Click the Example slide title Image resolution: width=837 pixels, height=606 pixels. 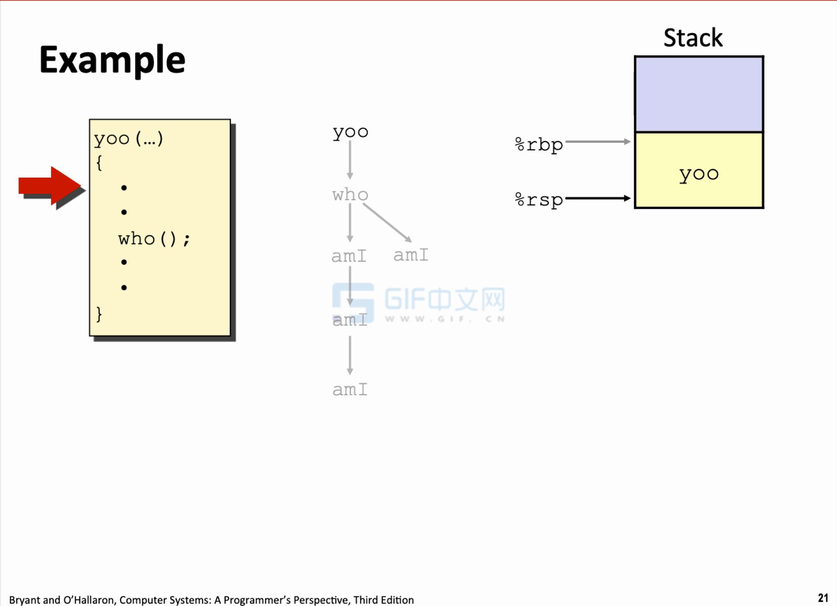click(112, 60)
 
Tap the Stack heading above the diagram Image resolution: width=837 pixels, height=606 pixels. click(693, 38)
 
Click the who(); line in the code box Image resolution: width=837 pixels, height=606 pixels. click(154, 239)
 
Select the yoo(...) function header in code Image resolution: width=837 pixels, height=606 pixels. click(128, 139)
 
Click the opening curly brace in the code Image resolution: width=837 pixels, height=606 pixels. click(99, 163)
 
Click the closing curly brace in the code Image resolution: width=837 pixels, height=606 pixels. click(99, 314)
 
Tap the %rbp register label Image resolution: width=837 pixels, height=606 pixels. click(539, 144)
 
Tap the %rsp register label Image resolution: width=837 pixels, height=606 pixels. click(539, 200)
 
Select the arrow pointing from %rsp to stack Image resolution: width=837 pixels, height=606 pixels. click(598, 198)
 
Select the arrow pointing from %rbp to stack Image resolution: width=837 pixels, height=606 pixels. click(598, 142)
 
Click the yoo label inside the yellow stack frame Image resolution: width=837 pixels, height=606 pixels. click(699, 174)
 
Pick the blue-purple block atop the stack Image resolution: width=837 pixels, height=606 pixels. click(699, 94)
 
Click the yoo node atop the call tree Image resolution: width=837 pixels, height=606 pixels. click(350, 132)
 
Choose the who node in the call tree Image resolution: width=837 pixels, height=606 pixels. click(350, 195)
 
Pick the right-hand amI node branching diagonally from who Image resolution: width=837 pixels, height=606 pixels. click(411, 255)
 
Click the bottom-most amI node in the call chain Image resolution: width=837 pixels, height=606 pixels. click(350, 390)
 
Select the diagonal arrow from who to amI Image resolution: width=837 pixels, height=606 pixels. click(387, 223)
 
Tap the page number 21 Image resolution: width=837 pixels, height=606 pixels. click(823, 598)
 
